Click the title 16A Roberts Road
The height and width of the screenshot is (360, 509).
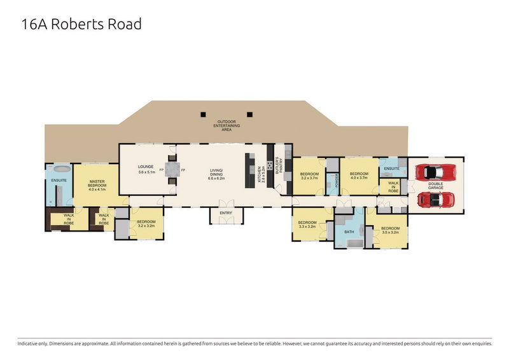pos(81,25)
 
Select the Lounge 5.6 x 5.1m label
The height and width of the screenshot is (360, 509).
pos(147,170)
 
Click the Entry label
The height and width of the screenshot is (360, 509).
pos(225,213)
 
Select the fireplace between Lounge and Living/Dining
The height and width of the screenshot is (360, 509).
pos(172,170)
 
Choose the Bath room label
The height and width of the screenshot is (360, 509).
pos(349,232)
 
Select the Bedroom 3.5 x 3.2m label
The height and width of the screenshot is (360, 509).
pos(390,230)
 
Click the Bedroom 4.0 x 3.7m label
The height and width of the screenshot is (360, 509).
pos(359,176)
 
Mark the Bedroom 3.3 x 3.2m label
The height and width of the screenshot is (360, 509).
pos(307,225)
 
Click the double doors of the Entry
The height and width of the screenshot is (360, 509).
pos(225,221)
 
